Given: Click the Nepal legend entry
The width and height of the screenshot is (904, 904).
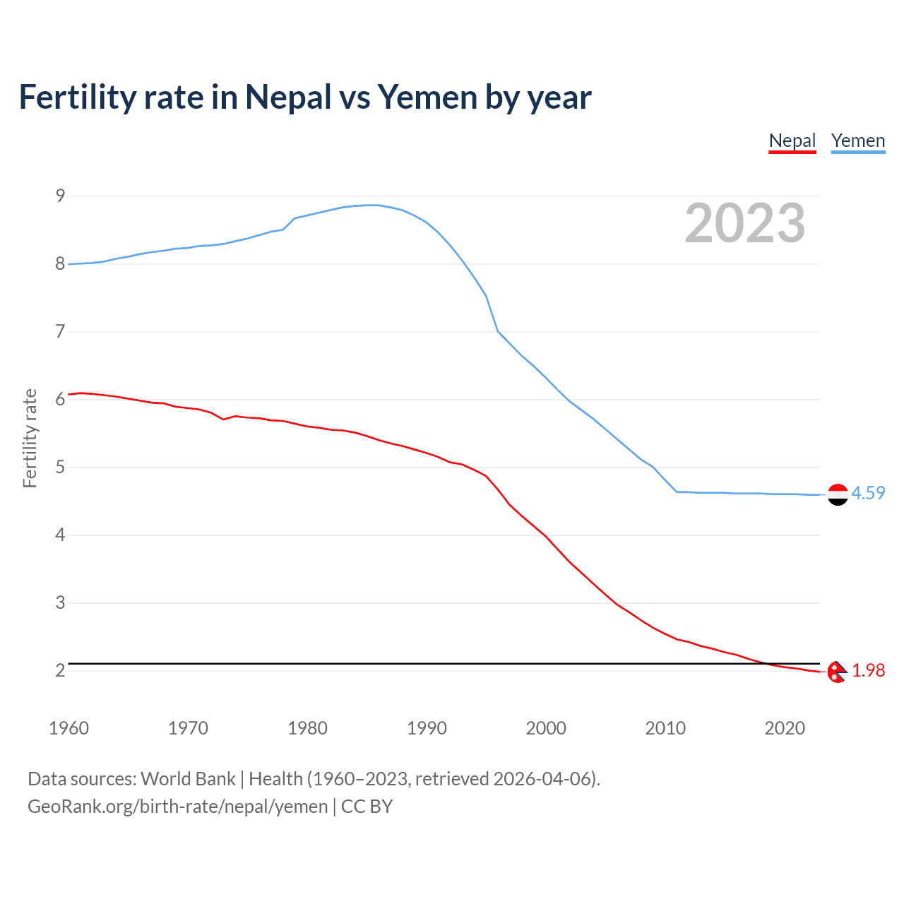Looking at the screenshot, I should tap(792, 141).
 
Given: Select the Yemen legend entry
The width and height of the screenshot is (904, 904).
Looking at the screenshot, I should tap(857, 141).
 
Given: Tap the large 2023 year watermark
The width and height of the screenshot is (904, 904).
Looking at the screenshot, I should tap(745, 223).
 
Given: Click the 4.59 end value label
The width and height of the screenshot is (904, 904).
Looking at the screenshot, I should tap(868, 493).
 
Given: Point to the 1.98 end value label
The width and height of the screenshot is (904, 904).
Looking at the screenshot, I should tap(868, 670).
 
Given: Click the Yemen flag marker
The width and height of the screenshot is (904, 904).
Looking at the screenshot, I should tap(838, 494).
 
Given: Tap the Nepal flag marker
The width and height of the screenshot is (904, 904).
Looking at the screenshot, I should tap(837, 672).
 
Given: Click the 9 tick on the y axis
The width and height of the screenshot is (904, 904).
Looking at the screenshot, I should tap(61, 196).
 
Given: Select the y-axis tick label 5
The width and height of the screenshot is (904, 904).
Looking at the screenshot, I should tap(61, 467).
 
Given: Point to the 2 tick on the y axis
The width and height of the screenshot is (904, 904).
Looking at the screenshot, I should tap(61, 670).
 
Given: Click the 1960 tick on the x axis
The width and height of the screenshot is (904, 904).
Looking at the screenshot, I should tap(69, 728).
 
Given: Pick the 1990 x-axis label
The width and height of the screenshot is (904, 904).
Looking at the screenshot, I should tap(427, 728).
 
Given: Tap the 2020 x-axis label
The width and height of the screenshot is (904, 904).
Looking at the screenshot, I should tap(785, 728).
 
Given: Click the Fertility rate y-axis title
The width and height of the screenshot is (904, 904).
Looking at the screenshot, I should tap(30, 438).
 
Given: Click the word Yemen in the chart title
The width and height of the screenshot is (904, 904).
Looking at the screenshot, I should tap(427, 97).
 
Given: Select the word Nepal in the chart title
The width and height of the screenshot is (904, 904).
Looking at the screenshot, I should tap(288, 97).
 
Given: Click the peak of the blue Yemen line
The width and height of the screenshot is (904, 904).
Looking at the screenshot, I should tap(373, 205).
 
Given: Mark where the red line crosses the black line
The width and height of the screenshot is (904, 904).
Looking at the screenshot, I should tap(766, 664).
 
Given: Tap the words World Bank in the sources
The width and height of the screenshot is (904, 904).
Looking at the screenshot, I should tap(188, 779).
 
